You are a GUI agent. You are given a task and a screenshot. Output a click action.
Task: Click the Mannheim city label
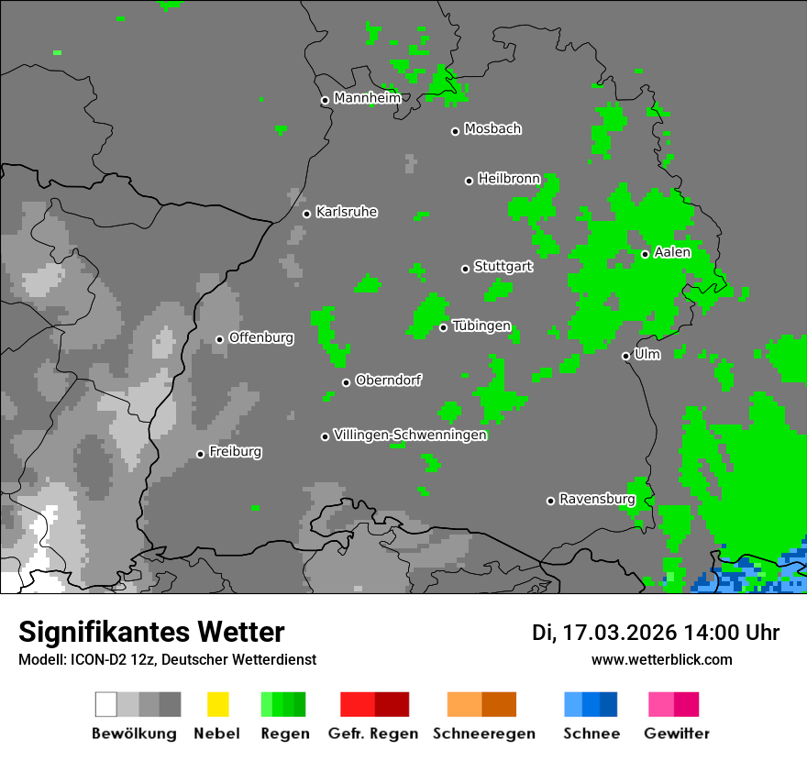(367, 98)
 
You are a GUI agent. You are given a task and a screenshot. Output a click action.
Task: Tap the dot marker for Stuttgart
(465, 269)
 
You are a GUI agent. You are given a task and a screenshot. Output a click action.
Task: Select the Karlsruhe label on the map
(346, 212)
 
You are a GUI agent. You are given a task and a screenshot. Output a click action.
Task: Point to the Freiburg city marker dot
(200, 454)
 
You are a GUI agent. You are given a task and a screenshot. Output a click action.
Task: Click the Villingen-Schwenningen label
(410, 435)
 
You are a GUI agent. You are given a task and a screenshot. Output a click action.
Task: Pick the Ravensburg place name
(597, 499)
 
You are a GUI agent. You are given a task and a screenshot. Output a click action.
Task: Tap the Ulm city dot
(625, 356)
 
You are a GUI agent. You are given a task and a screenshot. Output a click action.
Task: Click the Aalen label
(672, 252)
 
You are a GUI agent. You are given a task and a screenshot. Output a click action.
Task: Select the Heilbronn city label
(509, 179)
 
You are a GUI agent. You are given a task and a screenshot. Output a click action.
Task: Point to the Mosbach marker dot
(455, 131)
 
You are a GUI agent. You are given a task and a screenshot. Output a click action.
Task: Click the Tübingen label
(481, 325)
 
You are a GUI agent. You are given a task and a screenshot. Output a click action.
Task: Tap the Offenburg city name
(260, 337)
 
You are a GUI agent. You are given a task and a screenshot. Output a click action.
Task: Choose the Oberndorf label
(388, 380)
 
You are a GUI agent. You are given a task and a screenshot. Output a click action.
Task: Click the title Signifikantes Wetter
(151, 632)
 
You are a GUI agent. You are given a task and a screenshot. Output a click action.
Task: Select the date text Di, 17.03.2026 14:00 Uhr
(655, 633)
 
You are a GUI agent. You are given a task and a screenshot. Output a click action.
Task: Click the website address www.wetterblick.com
(661, 659)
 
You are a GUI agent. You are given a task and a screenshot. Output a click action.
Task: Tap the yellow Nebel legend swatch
(217, 704)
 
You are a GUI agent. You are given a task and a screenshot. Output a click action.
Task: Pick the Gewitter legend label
(676, 733)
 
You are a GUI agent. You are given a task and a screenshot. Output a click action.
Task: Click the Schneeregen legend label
(483, 733)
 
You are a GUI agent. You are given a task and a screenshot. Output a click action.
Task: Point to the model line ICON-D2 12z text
(166, 659)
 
